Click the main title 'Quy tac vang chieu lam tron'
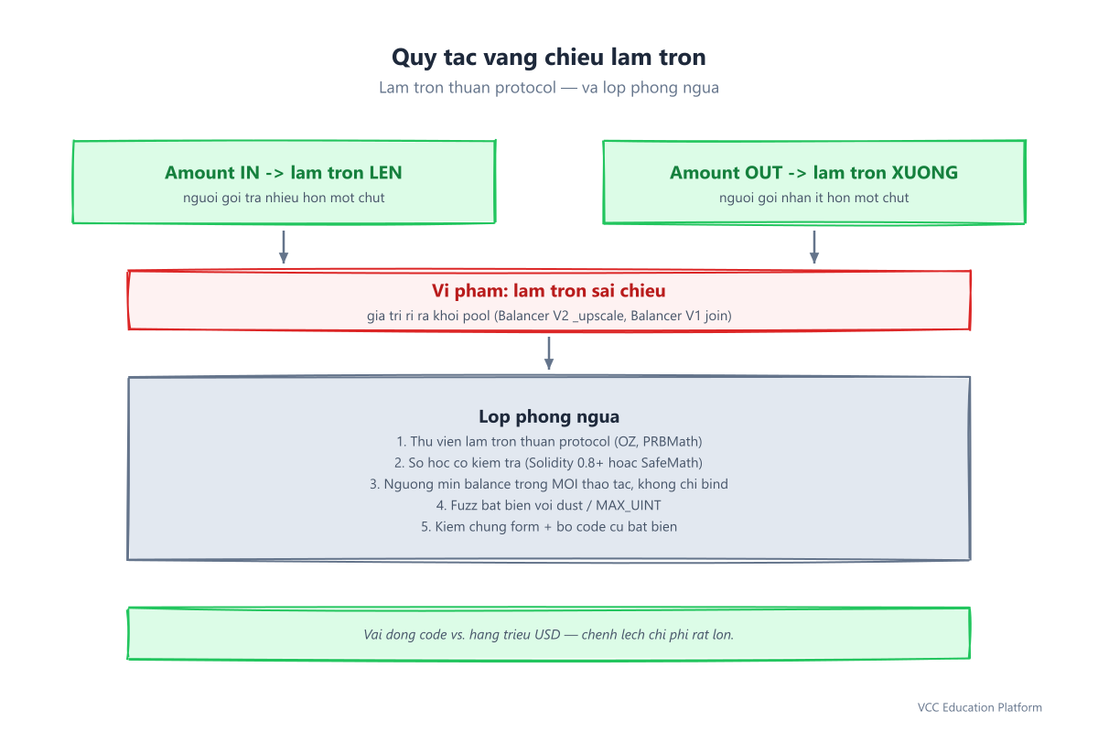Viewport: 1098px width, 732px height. click(548, 58)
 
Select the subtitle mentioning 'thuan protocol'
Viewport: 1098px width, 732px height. click(548, 87)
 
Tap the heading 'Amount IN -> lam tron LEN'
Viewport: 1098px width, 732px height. click(284, 173)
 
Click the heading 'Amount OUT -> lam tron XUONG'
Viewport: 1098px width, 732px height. click(813, 173)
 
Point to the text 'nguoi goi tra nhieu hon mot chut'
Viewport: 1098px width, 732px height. click(284, 198)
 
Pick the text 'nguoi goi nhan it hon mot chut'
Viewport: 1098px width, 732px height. click(813, 198)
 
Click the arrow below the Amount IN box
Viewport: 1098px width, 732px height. click(284, 247)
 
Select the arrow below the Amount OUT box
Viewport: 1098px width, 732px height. click(814, 247)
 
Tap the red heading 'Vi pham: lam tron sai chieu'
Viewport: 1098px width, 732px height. click(548, 291)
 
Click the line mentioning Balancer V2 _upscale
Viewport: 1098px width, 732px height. click(549, 316)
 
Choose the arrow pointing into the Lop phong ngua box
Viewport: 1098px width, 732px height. click(549, 353)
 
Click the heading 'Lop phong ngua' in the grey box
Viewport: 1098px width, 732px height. click(549, 416)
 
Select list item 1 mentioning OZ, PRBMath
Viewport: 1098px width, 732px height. click(549, 442)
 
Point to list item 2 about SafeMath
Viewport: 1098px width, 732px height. click(548, 463)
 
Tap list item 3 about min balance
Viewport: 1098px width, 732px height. click(549, 484)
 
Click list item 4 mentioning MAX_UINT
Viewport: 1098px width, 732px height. click(548, 505)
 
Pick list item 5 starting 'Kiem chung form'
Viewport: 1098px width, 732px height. click(549, 526)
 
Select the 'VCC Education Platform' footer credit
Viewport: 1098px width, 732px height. click(980, 707)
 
